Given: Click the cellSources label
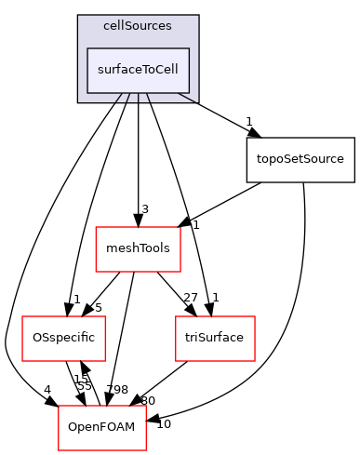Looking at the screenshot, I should point(138,27).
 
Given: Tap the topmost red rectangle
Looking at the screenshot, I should point(138,249).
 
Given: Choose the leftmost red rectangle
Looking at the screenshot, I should point(64,339).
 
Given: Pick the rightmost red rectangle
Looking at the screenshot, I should point(215,339).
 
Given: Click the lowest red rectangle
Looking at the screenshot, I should point(102,428).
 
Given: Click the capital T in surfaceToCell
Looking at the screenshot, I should point(140,70).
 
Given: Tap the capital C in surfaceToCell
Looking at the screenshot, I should point(160,70).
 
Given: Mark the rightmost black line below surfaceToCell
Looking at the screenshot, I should point(186,98).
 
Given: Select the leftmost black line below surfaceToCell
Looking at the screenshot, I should point(119,98).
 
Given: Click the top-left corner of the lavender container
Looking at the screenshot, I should point(78,16).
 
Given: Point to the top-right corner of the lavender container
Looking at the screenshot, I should point(198,16).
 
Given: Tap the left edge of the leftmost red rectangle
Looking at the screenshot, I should point(22,339).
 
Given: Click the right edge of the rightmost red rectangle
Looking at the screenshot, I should point(255,339).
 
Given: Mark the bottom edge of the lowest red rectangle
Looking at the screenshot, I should point(102,449).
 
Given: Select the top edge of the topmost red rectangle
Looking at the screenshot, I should point(138,227).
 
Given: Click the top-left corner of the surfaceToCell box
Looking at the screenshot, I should point(87,48).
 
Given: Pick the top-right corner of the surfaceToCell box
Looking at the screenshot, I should point(190,48).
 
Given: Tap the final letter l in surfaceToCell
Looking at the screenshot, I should point(177,70).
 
